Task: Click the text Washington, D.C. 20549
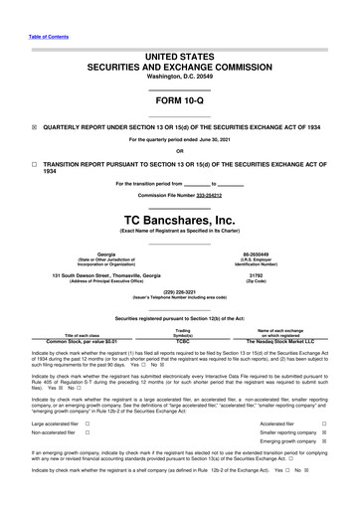(179, 75)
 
